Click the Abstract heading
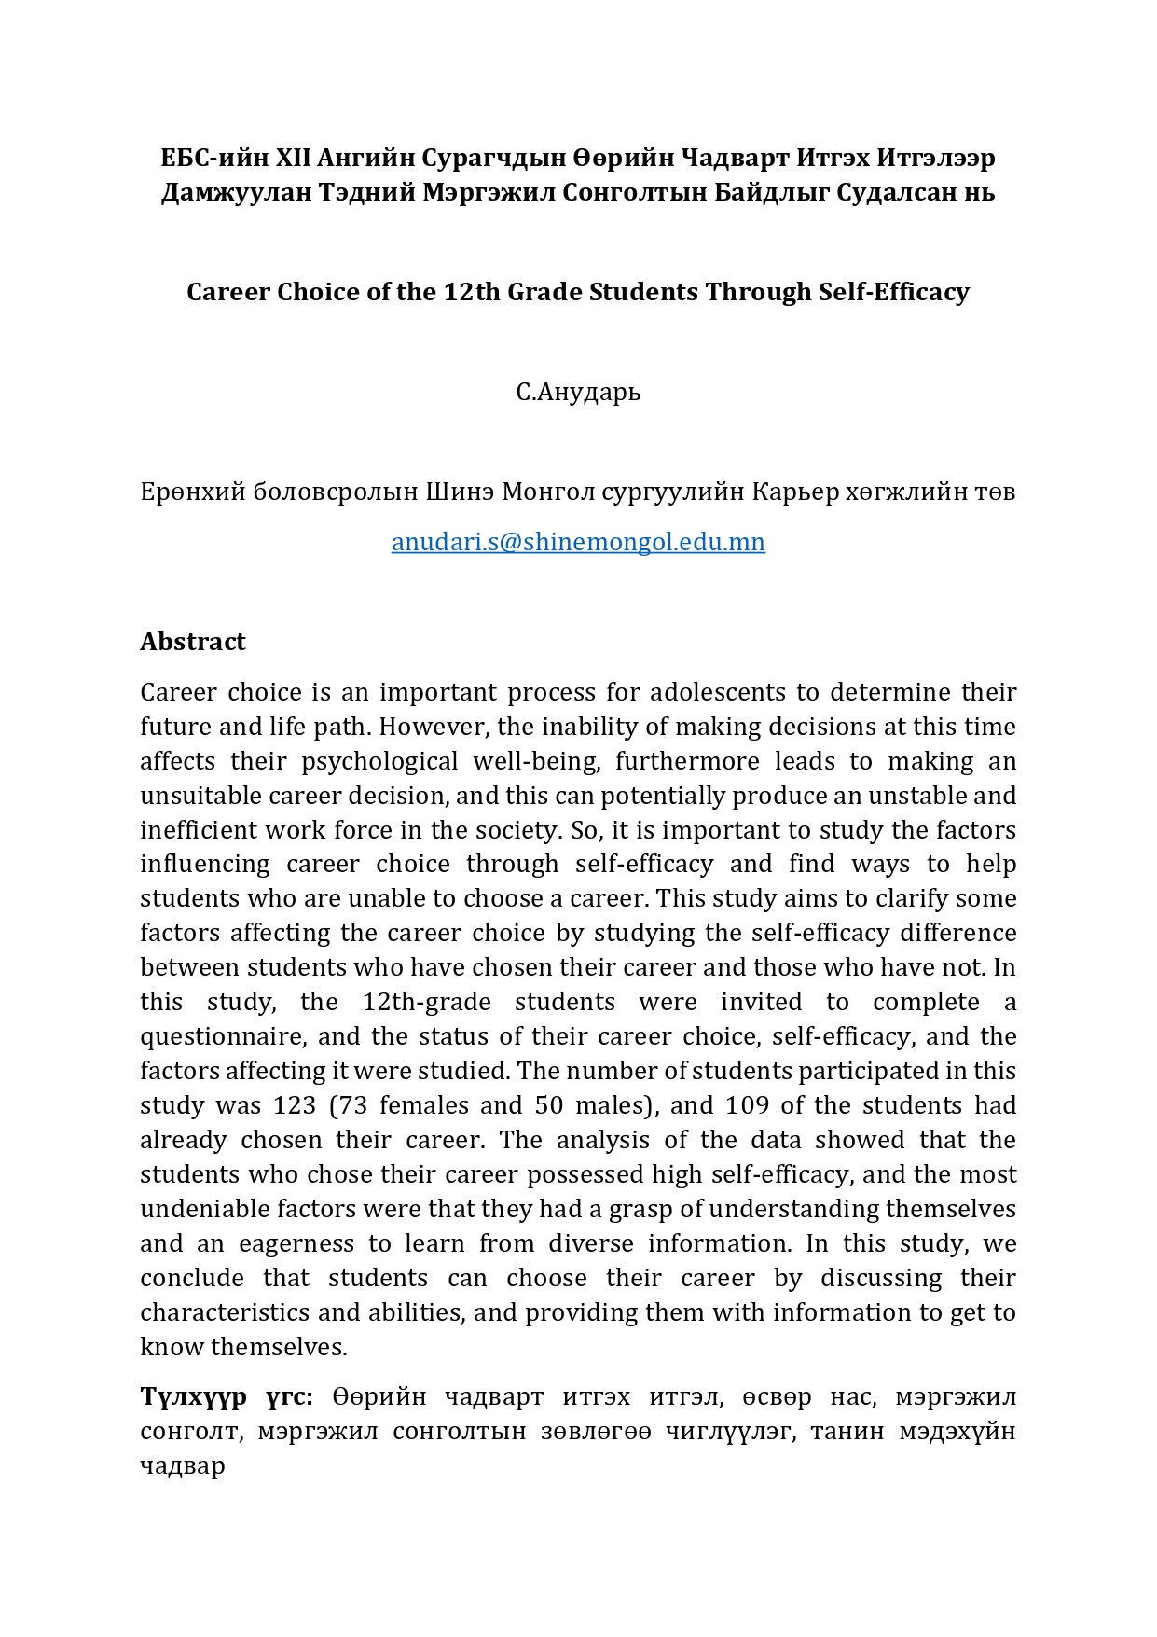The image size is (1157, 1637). coord(193,642)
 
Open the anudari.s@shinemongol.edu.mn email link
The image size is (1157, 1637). coord(578,542)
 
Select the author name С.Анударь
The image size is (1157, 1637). coord(578,392)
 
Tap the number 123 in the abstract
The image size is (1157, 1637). coord(295,1105)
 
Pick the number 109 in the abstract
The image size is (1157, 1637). coord(748,1105)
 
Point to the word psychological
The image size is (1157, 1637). coord(379,761)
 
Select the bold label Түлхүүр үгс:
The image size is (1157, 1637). coord(227,1396)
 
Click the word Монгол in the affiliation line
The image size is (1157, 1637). coord(548,492)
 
